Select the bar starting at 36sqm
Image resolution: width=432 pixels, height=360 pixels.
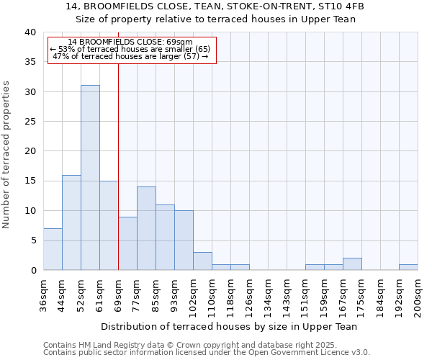point(53,249)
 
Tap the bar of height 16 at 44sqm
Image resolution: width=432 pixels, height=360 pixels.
point(71,222)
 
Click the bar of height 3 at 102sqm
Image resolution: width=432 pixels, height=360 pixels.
point(202,261)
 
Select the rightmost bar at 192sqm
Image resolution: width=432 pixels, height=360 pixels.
point(408,267)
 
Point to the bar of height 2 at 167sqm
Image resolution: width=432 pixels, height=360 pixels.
point(352,264)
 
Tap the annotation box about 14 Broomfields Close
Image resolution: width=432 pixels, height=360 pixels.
point(132,50)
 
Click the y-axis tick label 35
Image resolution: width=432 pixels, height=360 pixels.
point(30,62)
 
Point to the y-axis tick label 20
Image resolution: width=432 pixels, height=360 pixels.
point(30,151)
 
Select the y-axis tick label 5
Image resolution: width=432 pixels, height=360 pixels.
point(33,240)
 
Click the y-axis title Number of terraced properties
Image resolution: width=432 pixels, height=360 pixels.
point(7,154)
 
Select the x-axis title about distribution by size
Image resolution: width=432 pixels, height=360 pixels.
point(229,326)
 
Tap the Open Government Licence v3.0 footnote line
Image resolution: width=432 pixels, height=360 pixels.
point(206,353)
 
